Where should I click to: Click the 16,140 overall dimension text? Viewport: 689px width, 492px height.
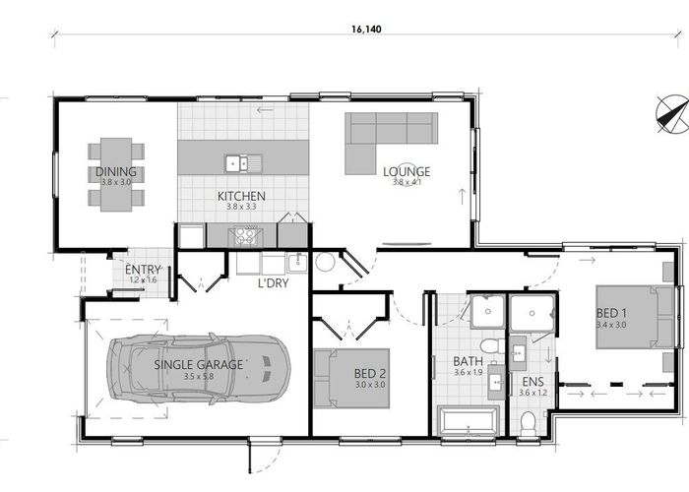pyautogui.click(x=366, y=30)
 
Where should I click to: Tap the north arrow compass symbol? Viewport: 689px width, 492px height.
pyautogui.click(x=672, y=114)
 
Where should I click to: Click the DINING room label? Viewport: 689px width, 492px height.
pyautogui.click(x=116, y=171)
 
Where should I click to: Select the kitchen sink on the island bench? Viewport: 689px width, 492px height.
pyautogui.click(x=243, y=164)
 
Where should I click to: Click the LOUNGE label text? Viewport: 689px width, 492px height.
pyautogui.click(x=407, y=171)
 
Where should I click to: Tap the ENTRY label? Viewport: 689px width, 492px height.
pyautogui.click(x=143, y=270)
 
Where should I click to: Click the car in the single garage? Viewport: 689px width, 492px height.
pyautogui.click(x=199, y=368)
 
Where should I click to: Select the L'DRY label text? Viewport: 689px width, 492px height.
pyautogui.click(x=273, y=283)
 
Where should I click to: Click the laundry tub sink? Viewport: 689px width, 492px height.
pyautogui.click(x=298, y=263)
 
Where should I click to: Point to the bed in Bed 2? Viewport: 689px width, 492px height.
pyautogui.click(x=351, y=378)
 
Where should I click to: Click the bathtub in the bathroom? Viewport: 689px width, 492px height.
pyautogui.click(x=469, y=421)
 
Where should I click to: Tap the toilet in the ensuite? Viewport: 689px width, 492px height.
pyautogui.click(x=528, y=423)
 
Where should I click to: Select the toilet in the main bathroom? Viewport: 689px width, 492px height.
pyautogui.click(x=492, y=346)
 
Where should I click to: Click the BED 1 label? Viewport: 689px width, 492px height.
pyautogui.click(x=611, y=313)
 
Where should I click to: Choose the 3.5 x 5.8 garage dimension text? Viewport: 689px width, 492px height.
pyautogui.click(x=199, y=377)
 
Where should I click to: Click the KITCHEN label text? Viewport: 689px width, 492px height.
pyautogui.click(x=241, y=196)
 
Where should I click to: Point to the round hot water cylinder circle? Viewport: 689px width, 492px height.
pyautogui.click(x=326, y=263)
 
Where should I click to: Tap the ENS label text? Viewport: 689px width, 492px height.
pyautogui.click(x=533, y=382)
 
